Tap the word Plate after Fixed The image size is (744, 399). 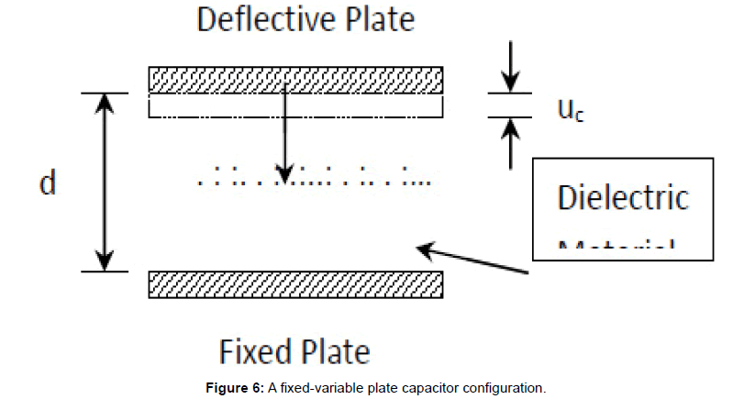[x=333, y=351]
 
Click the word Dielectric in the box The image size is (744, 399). [x=623, y=198]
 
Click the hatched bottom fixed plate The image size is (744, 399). [x=295, y=284]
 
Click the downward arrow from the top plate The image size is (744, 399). [x=285, y=138]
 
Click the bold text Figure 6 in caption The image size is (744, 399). [x=235, y=388]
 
